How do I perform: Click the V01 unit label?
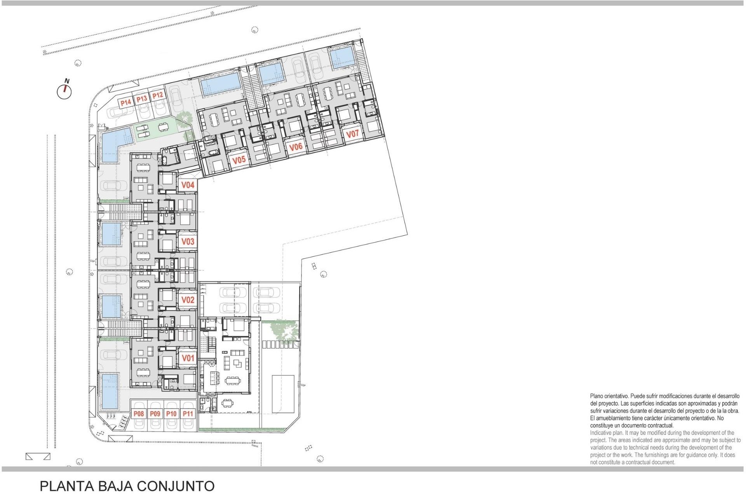coord(188,358)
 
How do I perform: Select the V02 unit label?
coord(188,300)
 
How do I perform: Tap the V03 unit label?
coord(188,242)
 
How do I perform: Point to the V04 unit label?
coord(188,185)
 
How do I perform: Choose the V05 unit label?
coord(239,160)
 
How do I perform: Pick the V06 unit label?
coord(296,147)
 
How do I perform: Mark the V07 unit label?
coord(352,134)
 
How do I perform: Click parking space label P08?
coord(139,414)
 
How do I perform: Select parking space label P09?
coord(155,414)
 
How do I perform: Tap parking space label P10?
coord(171,414)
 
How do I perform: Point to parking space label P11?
coord(188,414)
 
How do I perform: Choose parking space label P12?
coord(157,96)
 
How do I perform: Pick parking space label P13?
coord(141,99)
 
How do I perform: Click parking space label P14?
coord(125,103)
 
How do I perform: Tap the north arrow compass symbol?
coord(64,92)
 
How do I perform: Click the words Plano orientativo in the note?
coord(609,396)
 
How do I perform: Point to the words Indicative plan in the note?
coord(606,433)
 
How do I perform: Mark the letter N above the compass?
coord(67,81)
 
